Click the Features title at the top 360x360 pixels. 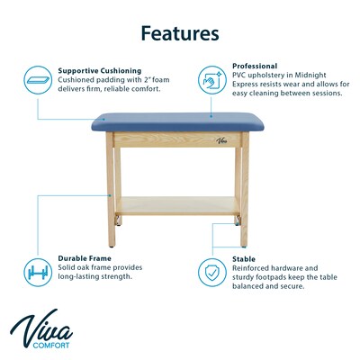[x=179, y=34]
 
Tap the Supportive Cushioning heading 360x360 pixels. [x=99, y=69]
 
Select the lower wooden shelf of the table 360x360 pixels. [x=179, y=206]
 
